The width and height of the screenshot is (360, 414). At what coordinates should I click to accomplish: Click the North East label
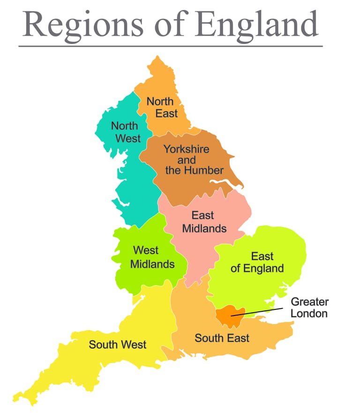click(x=160, y=107)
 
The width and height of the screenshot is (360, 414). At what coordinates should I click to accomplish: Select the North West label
click(x=125, y=132)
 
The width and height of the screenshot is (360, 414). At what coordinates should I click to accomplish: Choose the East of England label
click(x=257, y=262)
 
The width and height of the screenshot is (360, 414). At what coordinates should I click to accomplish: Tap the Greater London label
click(x=309, y=307)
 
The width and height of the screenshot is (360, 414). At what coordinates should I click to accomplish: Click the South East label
click(x=222, y=338)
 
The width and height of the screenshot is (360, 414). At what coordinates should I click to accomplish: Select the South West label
click(x=118, y=345)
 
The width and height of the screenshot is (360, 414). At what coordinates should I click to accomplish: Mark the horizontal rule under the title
click(x=171, y=46)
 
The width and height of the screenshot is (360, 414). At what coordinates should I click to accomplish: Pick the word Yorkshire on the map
click(x=186, y=149)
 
